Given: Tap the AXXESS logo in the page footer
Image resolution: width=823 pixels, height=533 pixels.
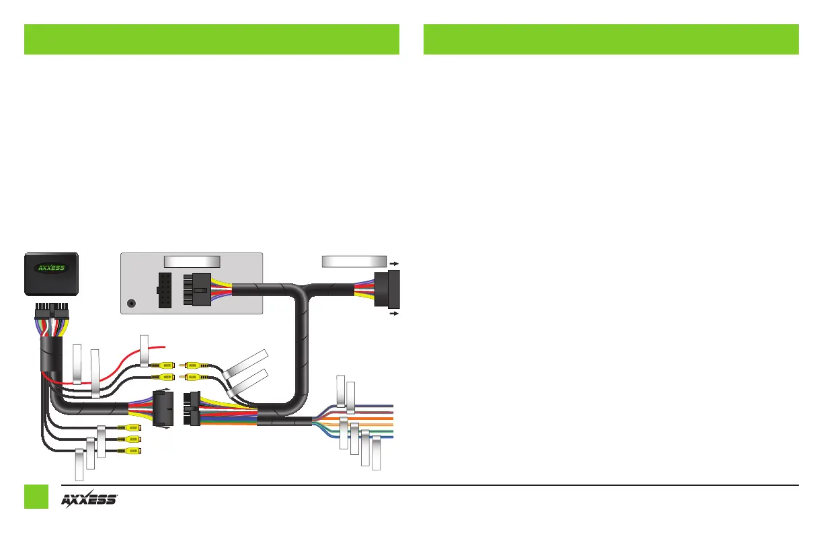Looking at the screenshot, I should pyautogui.click(x=90, y=500).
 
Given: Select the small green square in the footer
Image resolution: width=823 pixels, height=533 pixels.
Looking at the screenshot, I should pyautogui.click(x=36, y=497).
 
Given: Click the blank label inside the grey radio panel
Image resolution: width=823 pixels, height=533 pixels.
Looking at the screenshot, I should pyautogui.click(x=192, y=261).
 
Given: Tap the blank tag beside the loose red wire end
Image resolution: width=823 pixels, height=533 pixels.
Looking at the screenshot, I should pyautogui.click(x=144, y=350).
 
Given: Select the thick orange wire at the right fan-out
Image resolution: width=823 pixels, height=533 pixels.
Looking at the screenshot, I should pyautogui.click(x=363, y=418).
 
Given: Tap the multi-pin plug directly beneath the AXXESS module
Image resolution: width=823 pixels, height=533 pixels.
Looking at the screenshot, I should pyautogui.click(x=51, y=314).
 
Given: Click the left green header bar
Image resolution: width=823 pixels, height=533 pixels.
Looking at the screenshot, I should pyautogui.click(x=212, y=39).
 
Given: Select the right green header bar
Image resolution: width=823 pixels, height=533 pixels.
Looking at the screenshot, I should pyautogui.click(x=611, y=39).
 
